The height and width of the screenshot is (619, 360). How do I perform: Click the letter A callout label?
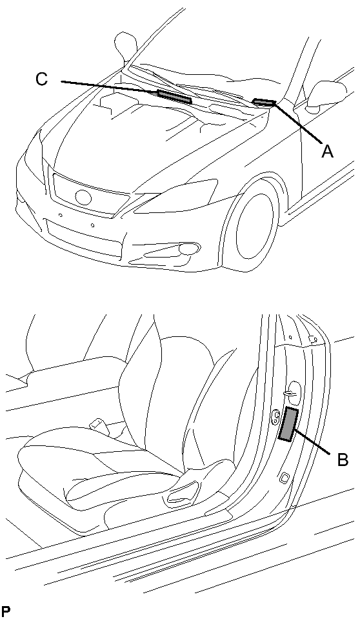(327, 152)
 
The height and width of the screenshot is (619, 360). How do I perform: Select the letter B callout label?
(343, 460)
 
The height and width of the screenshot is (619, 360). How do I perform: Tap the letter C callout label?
(41, 79)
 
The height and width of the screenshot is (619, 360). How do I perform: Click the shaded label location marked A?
(264, 102)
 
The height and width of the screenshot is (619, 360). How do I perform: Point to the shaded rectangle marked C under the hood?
(175, 97)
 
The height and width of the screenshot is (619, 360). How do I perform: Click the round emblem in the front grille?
(83, 198)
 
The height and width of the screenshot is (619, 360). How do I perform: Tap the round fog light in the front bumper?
(189, 249)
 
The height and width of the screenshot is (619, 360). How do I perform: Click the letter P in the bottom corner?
(6, 610)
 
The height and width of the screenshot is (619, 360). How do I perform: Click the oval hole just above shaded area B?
(293, 389)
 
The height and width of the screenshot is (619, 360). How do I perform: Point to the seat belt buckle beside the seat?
(97, 423)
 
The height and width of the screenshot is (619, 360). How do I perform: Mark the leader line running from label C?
(110, 87)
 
